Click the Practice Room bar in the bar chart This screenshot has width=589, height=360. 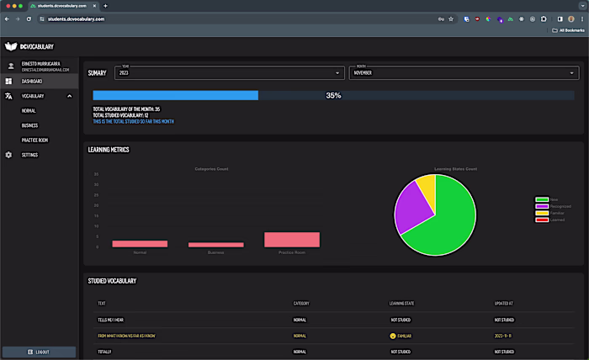point(292,240)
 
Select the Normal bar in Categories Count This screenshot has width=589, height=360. point(140,244)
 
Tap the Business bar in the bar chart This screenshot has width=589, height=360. point(216,245)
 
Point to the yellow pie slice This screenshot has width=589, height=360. point(427,185)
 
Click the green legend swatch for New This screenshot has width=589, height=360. point(542,199)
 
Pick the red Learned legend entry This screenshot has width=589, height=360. point(542,220)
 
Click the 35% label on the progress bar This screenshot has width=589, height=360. point(333,96)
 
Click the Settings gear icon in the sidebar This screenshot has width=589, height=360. point(8,155)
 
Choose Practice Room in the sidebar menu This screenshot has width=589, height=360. point(34,140)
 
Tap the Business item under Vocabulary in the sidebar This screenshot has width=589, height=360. point(29,125)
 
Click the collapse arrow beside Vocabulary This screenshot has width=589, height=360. point(70,96)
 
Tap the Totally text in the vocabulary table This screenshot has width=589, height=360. point(105,351)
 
